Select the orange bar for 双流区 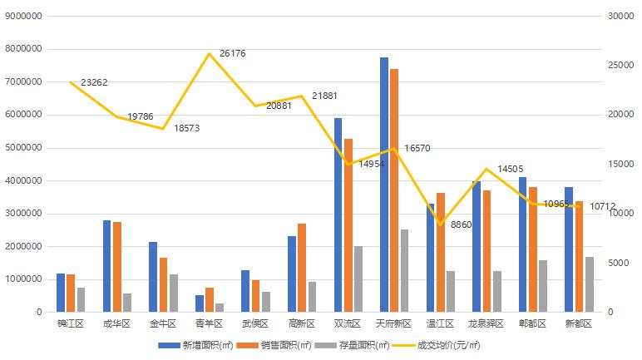point(348,225)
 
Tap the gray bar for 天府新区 point(404,271)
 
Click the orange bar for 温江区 point(441,253)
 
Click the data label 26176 point(232,53)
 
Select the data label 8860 point(462,225)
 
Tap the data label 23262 point(95,82)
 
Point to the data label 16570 point(417,148)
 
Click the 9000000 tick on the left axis point(25,16)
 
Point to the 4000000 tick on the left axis point(25,180)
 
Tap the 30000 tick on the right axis point(620,16)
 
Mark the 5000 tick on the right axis point(618,263)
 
